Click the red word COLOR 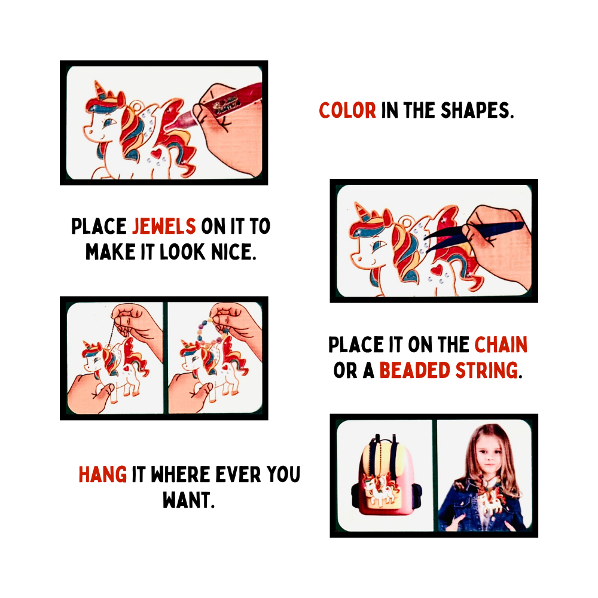pyautogui.click(x=347, y=111)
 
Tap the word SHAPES pyautogui.click(x=477, y=111)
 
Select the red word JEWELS pyautogui.click(x=164, y=226)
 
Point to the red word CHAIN pyautogui.click(x=501, y=345)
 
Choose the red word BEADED pyautogui.click(x=414, y=370)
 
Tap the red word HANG pyautogui.click(x=103, y=474)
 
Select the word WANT pyautogui.click(x=188, y=500)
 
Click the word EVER pyautogui.click(x=238, y=474)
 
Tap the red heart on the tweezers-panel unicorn pyautogui.click(x=436, y=270)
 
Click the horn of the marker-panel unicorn pyautogui.click(x=99, y=90)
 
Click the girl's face pyautogui.click(x=489, y=453)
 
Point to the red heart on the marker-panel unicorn pyautogui.click(x=156, y=153)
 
